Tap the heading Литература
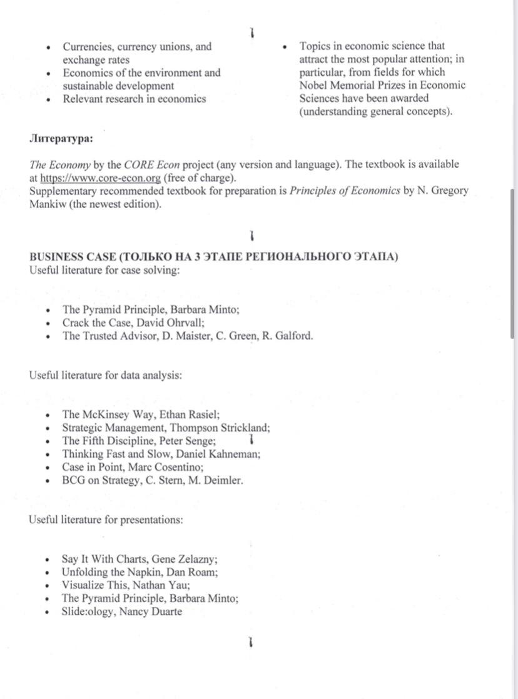click(61, 138)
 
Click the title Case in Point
click(89, 468)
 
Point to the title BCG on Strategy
click(96, 481)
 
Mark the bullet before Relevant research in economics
click(48, 99)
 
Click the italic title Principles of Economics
click(345, 191)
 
